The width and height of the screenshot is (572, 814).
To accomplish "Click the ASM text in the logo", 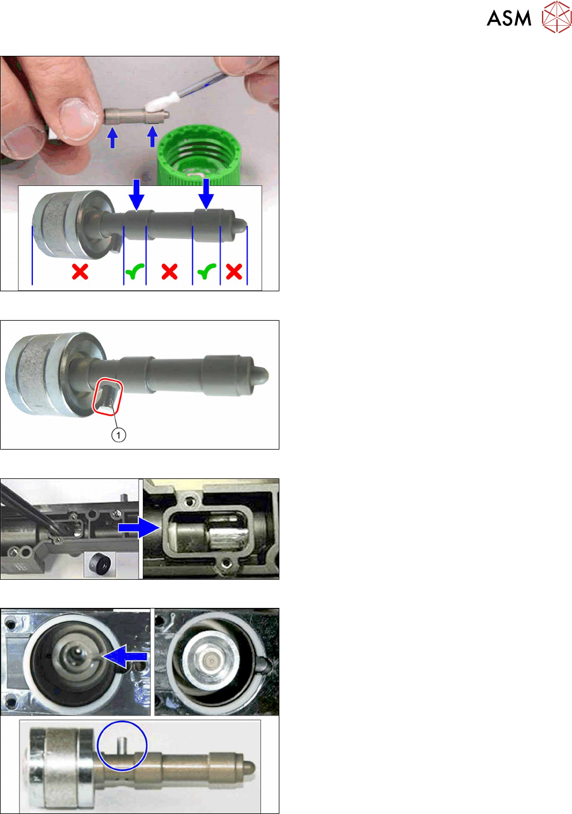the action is (x=509, y=18).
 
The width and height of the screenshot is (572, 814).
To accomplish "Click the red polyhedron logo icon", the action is (x=556, y=17).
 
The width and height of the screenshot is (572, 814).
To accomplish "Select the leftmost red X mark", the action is (x=80, y=272).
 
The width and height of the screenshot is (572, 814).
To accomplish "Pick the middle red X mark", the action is (x=169, y=272).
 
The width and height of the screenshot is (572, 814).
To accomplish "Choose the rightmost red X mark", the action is (x=234, y=272).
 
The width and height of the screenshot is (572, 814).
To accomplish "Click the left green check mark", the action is (x=135, y=272).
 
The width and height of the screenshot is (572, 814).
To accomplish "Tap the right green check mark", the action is (x=207, y=272).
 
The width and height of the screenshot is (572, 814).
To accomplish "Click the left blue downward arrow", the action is (x=137, y=195).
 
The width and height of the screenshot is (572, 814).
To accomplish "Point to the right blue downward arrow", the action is (x=206, y=194).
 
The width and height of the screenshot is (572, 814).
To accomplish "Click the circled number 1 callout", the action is (x=119, y=435).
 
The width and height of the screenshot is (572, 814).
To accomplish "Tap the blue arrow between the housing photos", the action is (x=139, y=527).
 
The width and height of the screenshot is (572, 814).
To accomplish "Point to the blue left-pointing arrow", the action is (x=125, y=656).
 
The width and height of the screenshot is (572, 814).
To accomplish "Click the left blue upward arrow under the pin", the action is (x=113, y=138).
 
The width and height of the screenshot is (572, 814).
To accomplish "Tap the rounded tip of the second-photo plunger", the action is (x=261, y=376).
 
